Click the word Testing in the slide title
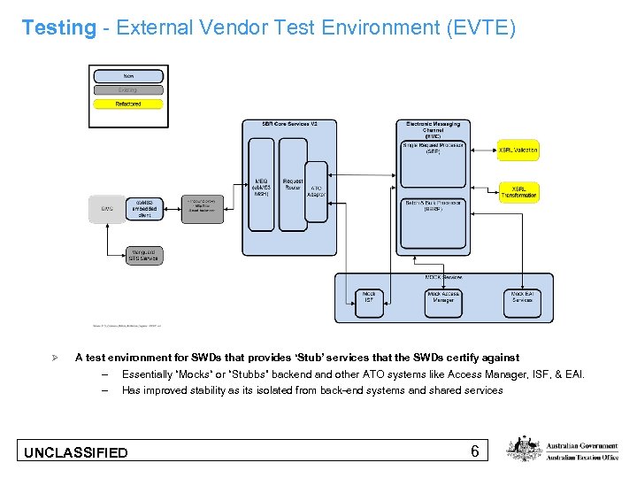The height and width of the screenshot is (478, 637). point(58,27)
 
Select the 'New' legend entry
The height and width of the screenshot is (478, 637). point(128,76)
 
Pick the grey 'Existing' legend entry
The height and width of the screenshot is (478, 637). point(128,89)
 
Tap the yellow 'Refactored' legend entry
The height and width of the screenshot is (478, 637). point(128,104)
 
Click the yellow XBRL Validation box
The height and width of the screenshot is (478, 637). point(518,150)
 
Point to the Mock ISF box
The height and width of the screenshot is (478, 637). point(369,299)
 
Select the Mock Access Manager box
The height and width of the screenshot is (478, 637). point(443,299)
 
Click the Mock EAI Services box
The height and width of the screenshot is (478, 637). point(522,299)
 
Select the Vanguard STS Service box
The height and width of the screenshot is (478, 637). point(143,254)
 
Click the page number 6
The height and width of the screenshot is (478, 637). point(475,452)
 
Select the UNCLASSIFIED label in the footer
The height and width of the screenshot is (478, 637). point(76,453)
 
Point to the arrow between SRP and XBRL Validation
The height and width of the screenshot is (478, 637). point(482,150)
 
